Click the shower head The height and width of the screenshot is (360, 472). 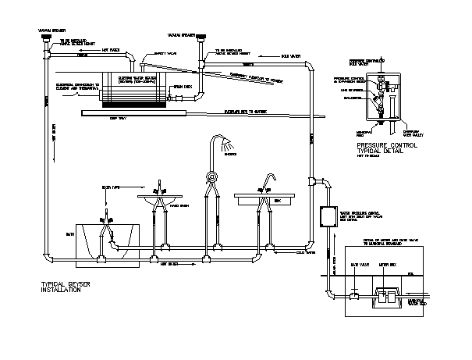tap(227, 145)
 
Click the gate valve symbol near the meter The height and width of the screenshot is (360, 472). tap(353, 295)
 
